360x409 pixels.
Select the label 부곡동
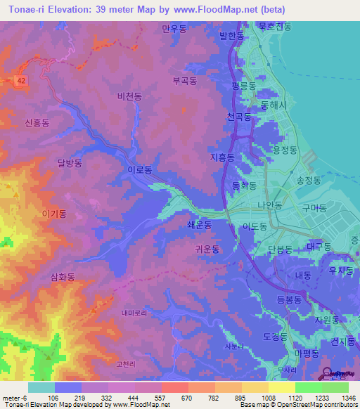pyautogui.click(x=185, y=81)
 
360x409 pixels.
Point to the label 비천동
pyautogui.click(x=130, y=96)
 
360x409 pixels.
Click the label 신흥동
pyautogui.click(x=37, y=122)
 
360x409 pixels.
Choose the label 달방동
pyautogui.click(x=70, y=162)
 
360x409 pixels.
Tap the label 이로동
pyautogui.click(x=139, y=170)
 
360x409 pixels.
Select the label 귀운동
pyautogui.click(x=207, y=249)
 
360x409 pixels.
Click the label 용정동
pyautogui.click(x=285, y=150)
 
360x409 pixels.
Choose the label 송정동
pyautogui.click(x=309, y=180)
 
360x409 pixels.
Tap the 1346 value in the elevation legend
pyautogui.click(x=339, y=397)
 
